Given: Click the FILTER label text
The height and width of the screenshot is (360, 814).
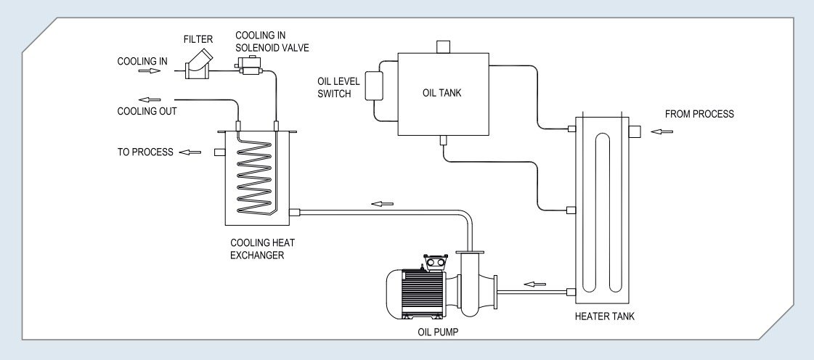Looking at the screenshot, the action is pos(198,40).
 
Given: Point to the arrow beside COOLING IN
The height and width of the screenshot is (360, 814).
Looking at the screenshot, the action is pos(150,70).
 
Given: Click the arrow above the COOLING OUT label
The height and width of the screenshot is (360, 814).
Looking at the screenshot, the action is pos(150,99).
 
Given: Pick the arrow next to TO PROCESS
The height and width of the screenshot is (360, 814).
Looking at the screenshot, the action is pos(190,152).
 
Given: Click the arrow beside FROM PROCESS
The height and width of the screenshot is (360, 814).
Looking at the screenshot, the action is pos(662,132).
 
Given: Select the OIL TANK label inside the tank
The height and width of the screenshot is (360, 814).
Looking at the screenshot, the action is pos(441,94).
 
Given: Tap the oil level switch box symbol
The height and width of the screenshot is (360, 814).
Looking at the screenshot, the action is pos(374,86).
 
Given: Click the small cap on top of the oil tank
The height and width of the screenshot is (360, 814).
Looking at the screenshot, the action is pos(443,46).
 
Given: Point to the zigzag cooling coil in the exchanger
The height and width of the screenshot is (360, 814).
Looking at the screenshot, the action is pos(254,176).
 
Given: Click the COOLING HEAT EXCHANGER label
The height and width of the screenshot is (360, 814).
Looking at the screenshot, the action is pos(263,248).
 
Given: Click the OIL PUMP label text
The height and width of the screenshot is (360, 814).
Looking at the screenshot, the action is pos(438,332).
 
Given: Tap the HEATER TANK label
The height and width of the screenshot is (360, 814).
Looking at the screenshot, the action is pos(604,316).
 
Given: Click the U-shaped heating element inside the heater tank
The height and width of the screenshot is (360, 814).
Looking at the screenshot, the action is pos(603,213).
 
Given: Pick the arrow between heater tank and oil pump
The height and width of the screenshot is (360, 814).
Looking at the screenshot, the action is pos(534,284).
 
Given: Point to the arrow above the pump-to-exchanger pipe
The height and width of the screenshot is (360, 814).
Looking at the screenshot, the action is pos(382,204).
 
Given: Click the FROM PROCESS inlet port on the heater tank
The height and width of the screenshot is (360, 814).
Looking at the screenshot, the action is pos(635,132).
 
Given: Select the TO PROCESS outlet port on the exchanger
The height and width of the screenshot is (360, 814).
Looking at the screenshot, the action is pos(219,152).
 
